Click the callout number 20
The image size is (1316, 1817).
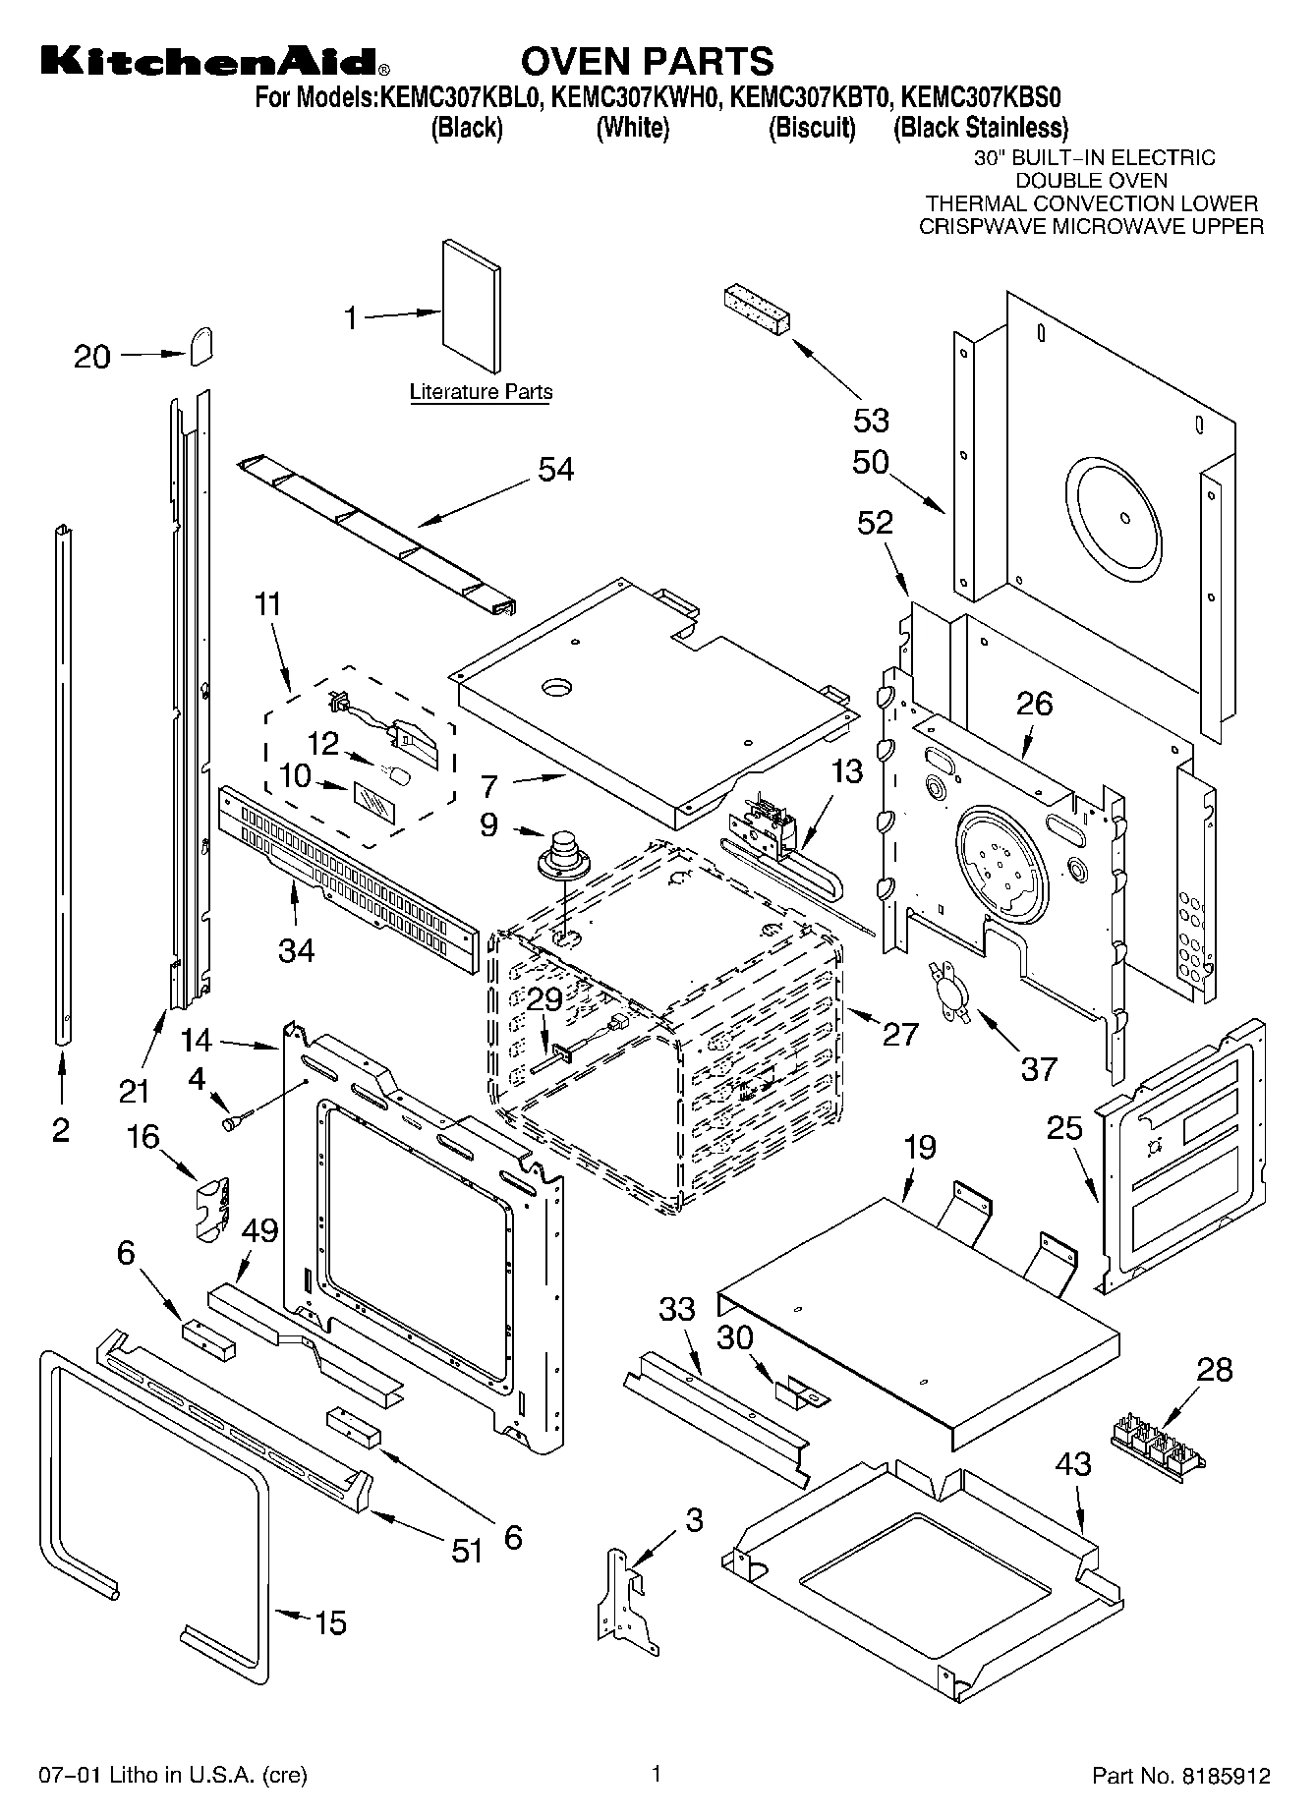click(x=92, y=356)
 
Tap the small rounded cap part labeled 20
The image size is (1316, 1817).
click(x=200, y=345)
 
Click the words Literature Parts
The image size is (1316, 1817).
click(x=481, y=392)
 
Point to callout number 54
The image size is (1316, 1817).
click(x=555, y=469)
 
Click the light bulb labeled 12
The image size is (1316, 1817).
click(x=397, y=776)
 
